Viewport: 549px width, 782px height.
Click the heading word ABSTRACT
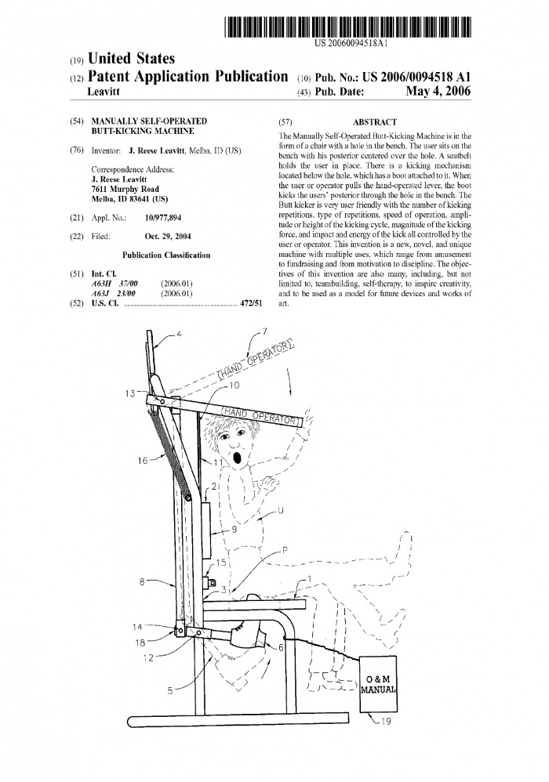(375, 122)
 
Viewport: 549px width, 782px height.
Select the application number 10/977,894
(163, 217)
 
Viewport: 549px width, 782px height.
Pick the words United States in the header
(132, 59)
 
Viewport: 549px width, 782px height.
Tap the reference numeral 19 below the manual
(385, 722)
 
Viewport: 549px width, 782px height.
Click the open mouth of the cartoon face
(238, 455)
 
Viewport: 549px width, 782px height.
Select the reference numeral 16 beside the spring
(143, 461)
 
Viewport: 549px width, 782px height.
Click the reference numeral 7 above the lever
(264, 331)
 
